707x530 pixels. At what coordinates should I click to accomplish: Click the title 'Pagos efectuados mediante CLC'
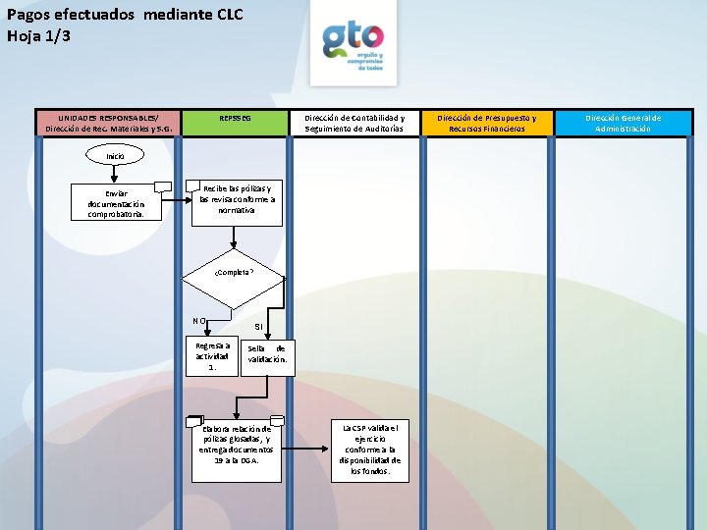pyautogui.click(x=125, y=14)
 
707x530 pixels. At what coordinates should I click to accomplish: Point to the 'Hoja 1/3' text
pyautogui.click(x=39, y=36)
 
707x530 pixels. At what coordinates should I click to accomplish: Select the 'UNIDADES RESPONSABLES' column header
pyautogui.click(x=107, y=123)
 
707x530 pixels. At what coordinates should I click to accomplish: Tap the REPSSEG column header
pyautogui.click(x=235, y=118)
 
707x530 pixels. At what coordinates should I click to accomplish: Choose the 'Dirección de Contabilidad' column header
pyautogui.click(x=354, y=123)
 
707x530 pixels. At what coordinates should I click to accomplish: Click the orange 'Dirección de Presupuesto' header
pyautogui.click(x=487, y=123)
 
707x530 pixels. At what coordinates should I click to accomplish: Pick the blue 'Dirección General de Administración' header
pyautogui.click(x=624, y=123)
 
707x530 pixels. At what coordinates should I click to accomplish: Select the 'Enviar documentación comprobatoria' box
pyautogui.click(x=115, y=203)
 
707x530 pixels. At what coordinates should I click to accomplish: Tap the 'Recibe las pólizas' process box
pyautogui.click(x=237, y=199)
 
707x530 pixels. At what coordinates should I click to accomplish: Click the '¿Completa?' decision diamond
pyautogui.click(x=234, y=272)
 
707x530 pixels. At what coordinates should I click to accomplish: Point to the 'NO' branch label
pyautogui.click(x=198, y=320)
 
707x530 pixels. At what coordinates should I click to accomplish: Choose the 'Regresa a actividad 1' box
pyautogui.click(x=212, y=355)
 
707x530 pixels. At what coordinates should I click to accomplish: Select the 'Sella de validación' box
pyautogui.click(x=267, y=354)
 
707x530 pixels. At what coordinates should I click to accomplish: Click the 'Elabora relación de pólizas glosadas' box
pyautogui.click(x=236, y=443)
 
